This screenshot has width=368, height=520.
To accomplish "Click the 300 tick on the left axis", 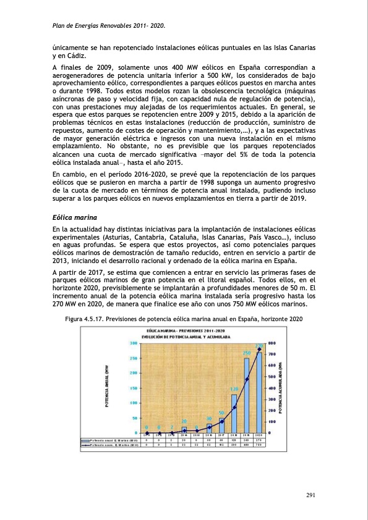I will [133, 343].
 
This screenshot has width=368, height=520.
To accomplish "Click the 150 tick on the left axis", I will [133, 388].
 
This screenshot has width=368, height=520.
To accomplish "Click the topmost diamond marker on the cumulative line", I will [259, 350].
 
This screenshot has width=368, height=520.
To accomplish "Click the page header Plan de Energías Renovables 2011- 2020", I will [108, 26].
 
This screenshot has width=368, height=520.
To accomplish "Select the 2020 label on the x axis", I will [259, 435].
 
